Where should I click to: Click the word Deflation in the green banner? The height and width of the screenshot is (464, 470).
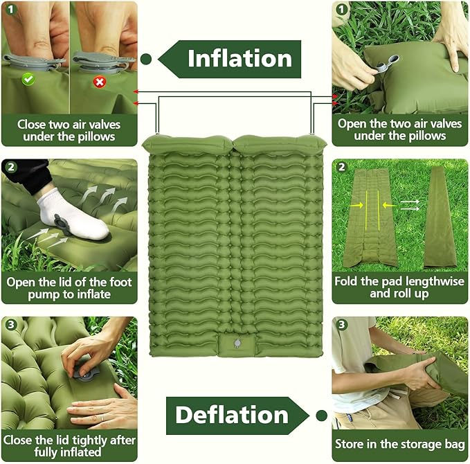point(231,415)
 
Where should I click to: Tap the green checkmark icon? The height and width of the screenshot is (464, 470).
point(28,80)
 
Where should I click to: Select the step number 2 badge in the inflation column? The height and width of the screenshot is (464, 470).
point(11,167)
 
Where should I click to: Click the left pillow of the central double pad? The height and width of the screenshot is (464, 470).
point(188,145)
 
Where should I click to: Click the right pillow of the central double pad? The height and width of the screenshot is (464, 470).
point(279,145)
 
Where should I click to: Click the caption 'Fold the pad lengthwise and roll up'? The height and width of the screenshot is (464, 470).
point(399,287)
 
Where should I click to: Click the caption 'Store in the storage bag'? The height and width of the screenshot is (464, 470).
point(399,444)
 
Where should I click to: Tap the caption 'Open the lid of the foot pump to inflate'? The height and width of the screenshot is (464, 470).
point(69,288)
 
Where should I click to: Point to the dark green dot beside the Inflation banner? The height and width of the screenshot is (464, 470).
point(146,60)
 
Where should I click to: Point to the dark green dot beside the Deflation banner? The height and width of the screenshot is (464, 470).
point(321,416)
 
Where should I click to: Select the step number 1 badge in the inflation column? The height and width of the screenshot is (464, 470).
point(11,10)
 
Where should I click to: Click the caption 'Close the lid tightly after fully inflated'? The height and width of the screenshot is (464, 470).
point(69,446)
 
